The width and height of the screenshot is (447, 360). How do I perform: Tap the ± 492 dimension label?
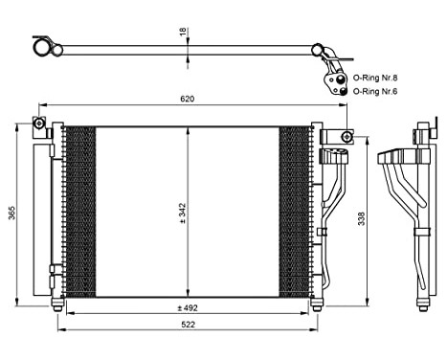pyautogui.click(x=189, y=308)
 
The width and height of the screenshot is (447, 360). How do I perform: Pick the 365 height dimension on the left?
pyautogui.click(x=12, y=213)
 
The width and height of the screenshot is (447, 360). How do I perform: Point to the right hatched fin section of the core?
pyautogui.click(x=296, y=211)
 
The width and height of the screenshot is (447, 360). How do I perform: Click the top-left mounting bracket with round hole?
pyautogui.click(x=39, y=124)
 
